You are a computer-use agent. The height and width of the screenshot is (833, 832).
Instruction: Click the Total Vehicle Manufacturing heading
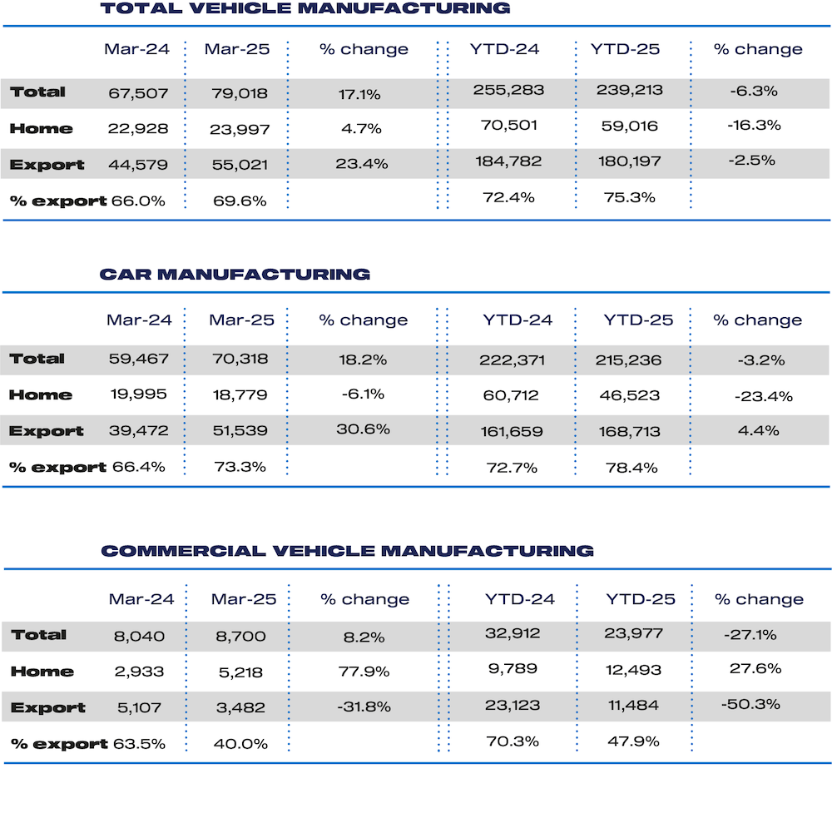tap(305, 9)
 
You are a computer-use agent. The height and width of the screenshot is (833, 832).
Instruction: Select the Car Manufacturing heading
tap(235, 274)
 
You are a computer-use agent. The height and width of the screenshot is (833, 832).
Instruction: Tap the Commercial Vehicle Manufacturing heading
tap(347, 551)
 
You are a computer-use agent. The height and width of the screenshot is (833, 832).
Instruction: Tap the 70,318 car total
tap(240, 360)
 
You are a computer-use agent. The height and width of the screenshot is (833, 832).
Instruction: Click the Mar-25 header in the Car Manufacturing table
tap(241, 320)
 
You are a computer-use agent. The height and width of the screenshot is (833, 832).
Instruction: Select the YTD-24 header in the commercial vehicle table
tap(519, 599)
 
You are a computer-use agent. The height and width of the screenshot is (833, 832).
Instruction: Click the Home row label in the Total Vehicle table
tap(42, 129)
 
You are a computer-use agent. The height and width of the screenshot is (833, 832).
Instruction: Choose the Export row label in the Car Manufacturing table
tap(47, 431)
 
